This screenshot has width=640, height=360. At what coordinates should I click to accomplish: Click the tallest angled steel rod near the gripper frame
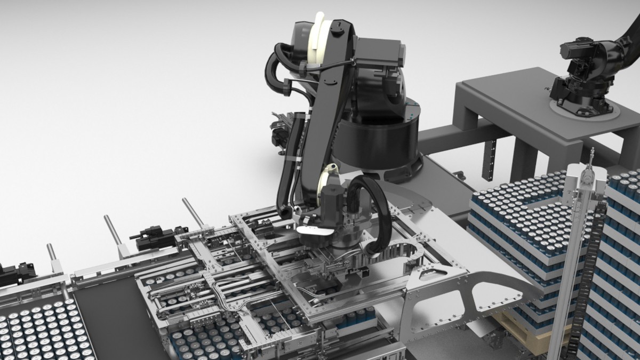tap(193, 212)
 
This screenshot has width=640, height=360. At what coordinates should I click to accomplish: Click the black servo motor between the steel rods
tap(155, 238)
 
